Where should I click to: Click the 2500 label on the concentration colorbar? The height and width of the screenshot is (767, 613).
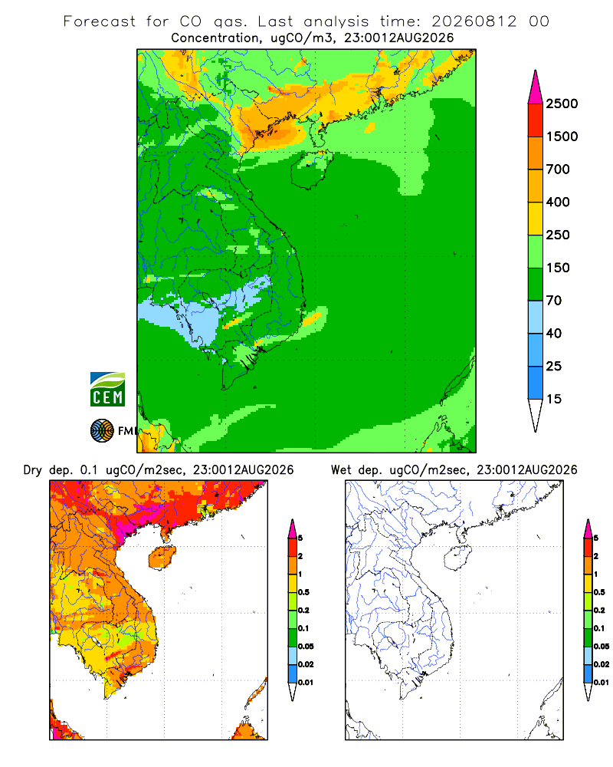click(x=562, y=104)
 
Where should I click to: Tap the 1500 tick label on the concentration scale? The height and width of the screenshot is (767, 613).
click(x=562, y=137)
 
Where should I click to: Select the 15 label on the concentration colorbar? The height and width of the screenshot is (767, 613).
click(x=554, y=399)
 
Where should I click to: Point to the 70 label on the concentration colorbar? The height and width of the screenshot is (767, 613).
click(x=554, y=301)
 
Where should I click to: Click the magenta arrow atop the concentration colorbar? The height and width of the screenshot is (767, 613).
click(x=536, y=88)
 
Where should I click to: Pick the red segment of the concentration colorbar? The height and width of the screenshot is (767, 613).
click(x=536, y=120)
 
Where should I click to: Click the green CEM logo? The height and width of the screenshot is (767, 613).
click(x=107, y=390)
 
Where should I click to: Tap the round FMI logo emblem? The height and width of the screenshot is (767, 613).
click(x=102, y=431)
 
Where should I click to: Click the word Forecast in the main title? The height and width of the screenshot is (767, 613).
click(x=100, y=21)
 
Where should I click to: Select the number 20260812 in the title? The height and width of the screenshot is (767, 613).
click(x=474, y=21)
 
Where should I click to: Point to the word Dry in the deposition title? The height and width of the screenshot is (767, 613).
click(x=33, y=470)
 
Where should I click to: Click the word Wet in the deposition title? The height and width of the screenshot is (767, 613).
click(x=341, y=470)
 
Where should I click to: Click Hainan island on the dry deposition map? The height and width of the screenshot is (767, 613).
click(x=162, y=558)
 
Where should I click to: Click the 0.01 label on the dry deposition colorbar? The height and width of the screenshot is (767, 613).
click(x=306, y=683)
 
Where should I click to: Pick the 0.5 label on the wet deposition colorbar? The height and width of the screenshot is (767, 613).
click(x=599, y=592)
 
